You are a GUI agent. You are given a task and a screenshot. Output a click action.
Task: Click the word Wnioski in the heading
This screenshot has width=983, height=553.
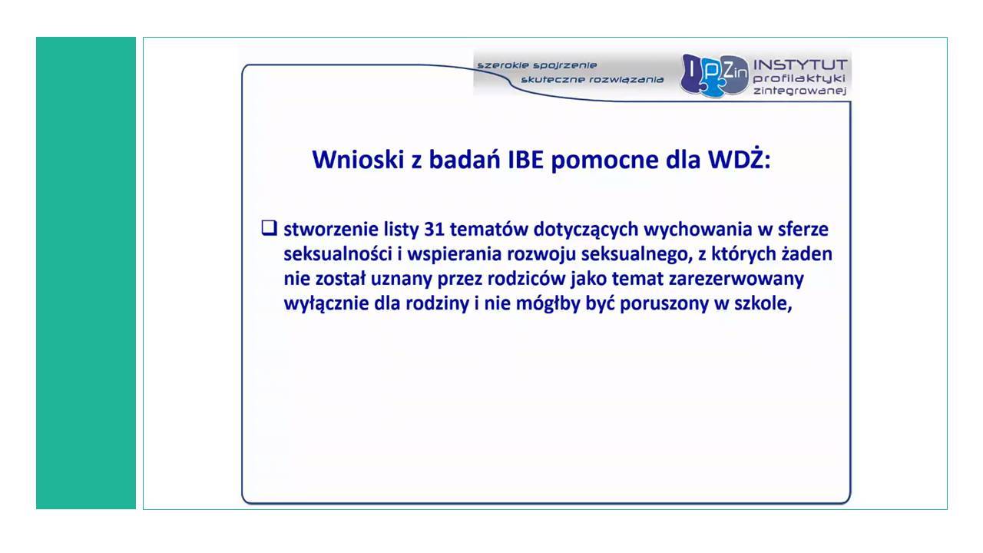pyautogui.click(x=358, y=160)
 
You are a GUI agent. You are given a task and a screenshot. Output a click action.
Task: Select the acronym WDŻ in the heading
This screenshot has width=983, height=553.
pyautogui.click(x=736, y=159)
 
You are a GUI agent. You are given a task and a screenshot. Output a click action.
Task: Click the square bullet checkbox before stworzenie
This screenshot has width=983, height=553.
pyautogui.click(x=269, y=228)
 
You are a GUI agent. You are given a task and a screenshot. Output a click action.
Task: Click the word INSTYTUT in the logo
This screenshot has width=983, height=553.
pyautogui.click(x=800, y=65)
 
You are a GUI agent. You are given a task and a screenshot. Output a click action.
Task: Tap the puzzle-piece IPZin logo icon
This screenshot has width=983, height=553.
pyautogui.click(x=714, y=75)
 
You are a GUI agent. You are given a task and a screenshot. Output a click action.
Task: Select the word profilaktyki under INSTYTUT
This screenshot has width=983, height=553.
pyautogui.click(x=799, y=78)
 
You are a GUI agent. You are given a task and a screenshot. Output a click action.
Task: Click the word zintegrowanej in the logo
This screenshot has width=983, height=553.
pyautogui.click(x=799, y=91)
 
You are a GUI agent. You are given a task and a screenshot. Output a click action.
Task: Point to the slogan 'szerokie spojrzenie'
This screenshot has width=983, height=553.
pyautogui.click(x=537, y=65)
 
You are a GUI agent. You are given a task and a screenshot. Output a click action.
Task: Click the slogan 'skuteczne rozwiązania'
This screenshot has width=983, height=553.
pyautogui.click(x=592, y=79)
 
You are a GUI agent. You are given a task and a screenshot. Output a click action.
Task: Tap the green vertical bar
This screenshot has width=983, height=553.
pyautogui.click(x=86, y=273)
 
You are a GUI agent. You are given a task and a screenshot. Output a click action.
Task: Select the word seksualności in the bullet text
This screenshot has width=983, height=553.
pyautogui.click(x=337, y=254)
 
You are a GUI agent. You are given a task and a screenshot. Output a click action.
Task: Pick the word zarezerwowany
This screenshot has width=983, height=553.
pyautogui.click(x=736, y=280)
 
